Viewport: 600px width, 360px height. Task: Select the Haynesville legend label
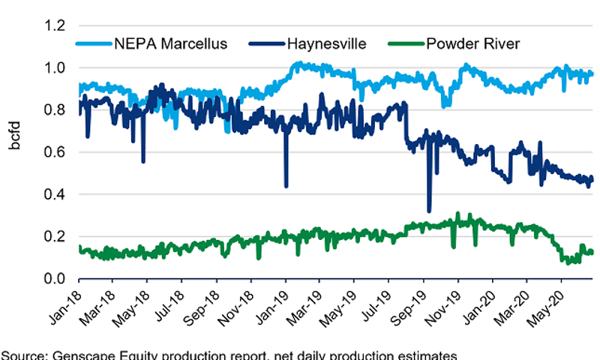pos(326,43)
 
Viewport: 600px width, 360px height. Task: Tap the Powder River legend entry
pos(472,43)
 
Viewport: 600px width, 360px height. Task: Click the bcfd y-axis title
pos(16,151)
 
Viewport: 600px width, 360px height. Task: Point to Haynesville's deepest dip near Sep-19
pos(429,211)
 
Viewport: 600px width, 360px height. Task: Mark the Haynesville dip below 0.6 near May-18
pos(143,160)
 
